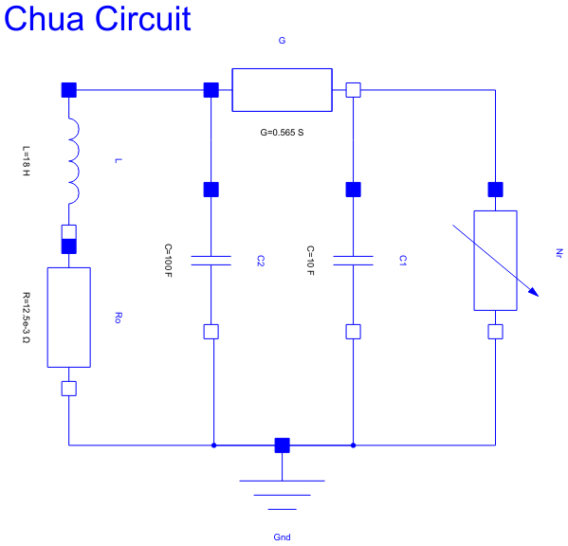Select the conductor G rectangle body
pyautogui.click(x=282, y=90)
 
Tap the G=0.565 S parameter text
pyautogui.click(x=282, y=133)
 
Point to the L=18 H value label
pyautogui.click(x=26, y=161)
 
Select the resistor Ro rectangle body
pyautogui.click(x=68, y=317)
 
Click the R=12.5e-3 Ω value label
pyautogui.click(x=26, y=317)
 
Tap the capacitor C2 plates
pyautogui.click(x=211, y=260)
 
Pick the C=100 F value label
pyautogui.click(x=168, y=266)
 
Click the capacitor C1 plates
pyautogui.click(x=353, y=260)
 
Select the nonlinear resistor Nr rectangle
pyautogui.click(x=495, y=260)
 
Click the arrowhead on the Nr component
pyautogui.click(x=533, y=291)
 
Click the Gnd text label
pyautogui.click(x=282, y=537)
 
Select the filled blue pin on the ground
pyautogui.click(x=282, y=446)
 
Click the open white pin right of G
pyautogui.click(x=353, y=90)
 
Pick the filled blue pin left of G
pyautogui.click(x=211, y=90)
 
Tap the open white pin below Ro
pyautogui.click(x=68, y=388)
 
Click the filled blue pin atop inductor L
pyautogui.click(x=68, y=90)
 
